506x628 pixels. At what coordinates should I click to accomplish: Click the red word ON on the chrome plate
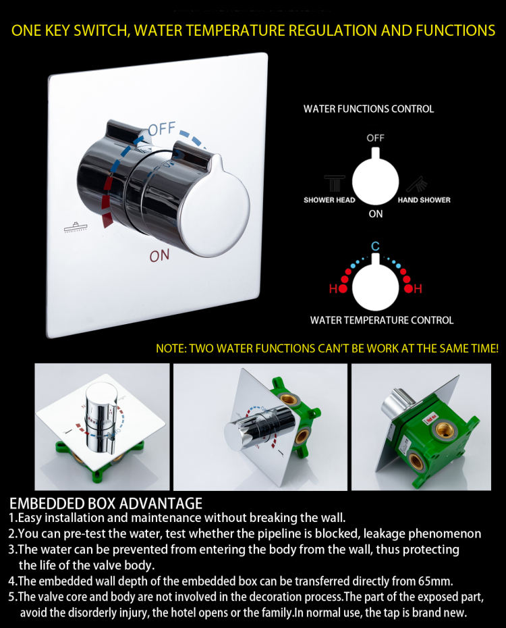pos(160,255)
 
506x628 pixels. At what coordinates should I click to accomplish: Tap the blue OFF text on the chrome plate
pos(162,130)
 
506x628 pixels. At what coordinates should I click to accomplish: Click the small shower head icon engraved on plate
pos(76,228)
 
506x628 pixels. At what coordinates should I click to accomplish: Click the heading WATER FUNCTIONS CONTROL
pos(368,109)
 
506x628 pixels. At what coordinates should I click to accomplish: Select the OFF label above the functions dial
pos(375,138)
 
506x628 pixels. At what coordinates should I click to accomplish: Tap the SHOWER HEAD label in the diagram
pos(329,200)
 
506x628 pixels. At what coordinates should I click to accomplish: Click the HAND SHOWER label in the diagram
pos(424,200)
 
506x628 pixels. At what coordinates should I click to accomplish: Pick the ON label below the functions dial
pos(376,214)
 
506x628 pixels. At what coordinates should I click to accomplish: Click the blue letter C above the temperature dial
pos(375,246)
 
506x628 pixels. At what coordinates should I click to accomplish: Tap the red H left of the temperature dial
pos(333,288)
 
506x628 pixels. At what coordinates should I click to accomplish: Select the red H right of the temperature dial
pos(418,288)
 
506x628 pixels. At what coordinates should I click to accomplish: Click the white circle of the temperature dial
pos(376,287)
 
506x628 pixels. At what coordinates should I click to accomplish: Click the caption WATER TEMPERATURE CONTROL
pos(382,320)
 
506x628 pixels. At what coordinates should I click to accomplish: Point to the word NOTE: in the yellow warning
pos(171,348)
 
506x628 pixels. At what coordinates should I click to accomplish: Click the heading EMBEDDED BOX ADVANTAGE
pos(106,504)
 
